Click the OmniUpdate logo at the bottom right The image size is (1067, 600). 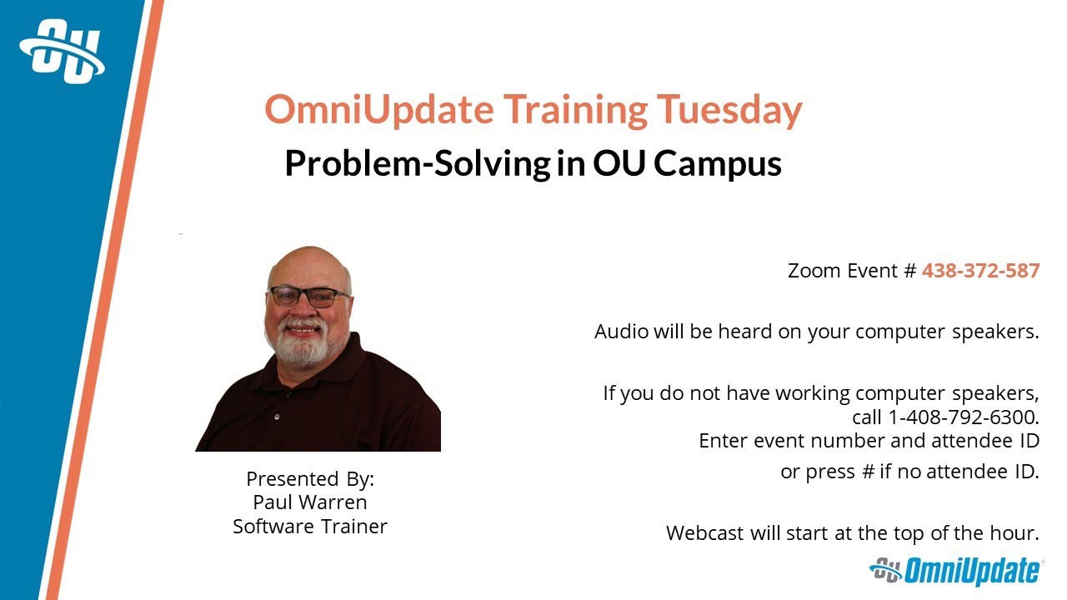pos(955,572)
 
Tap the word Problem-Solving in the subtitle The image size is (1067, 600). pos(416,163)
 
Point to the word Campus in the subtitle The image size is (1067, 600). pos(718,163)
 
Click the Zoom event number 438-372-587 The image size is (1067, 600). pos(980,271)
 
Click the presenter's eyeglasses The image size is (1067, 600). pos(308,296)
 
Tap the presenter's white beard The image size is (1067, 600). pos(302,343)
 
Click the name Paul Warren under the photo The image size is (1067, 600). pos(310,502)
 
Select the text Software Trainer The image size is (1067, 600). pos(310,527)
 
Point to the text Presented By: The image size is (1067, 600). pos(310,479)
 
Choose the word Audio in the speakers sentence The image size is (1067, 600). pos(621,332)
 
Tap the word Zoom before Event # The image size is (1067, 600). pos(812,271)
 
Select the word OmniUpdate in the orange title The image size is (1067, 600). pos(379,110)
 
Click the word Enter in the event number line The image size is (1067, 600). pos(723,440)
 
